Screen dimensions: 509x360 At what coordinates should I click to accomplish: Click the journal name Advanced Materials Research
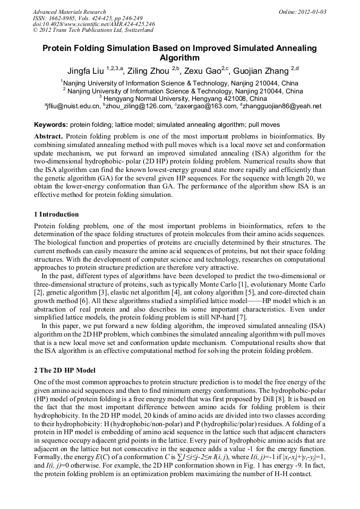coord(69,12)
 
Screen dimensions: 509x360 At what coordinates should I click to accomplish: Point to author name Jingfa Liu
coord(86,70)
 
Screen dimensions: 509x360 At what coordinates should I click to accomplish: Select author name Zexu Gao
coord(202,70)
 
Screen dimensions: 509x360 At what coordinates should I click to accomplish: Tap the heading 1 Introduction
coord(56,214)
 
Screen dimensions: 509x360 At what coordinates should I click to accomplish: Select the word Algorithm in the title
coord(179,58)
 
